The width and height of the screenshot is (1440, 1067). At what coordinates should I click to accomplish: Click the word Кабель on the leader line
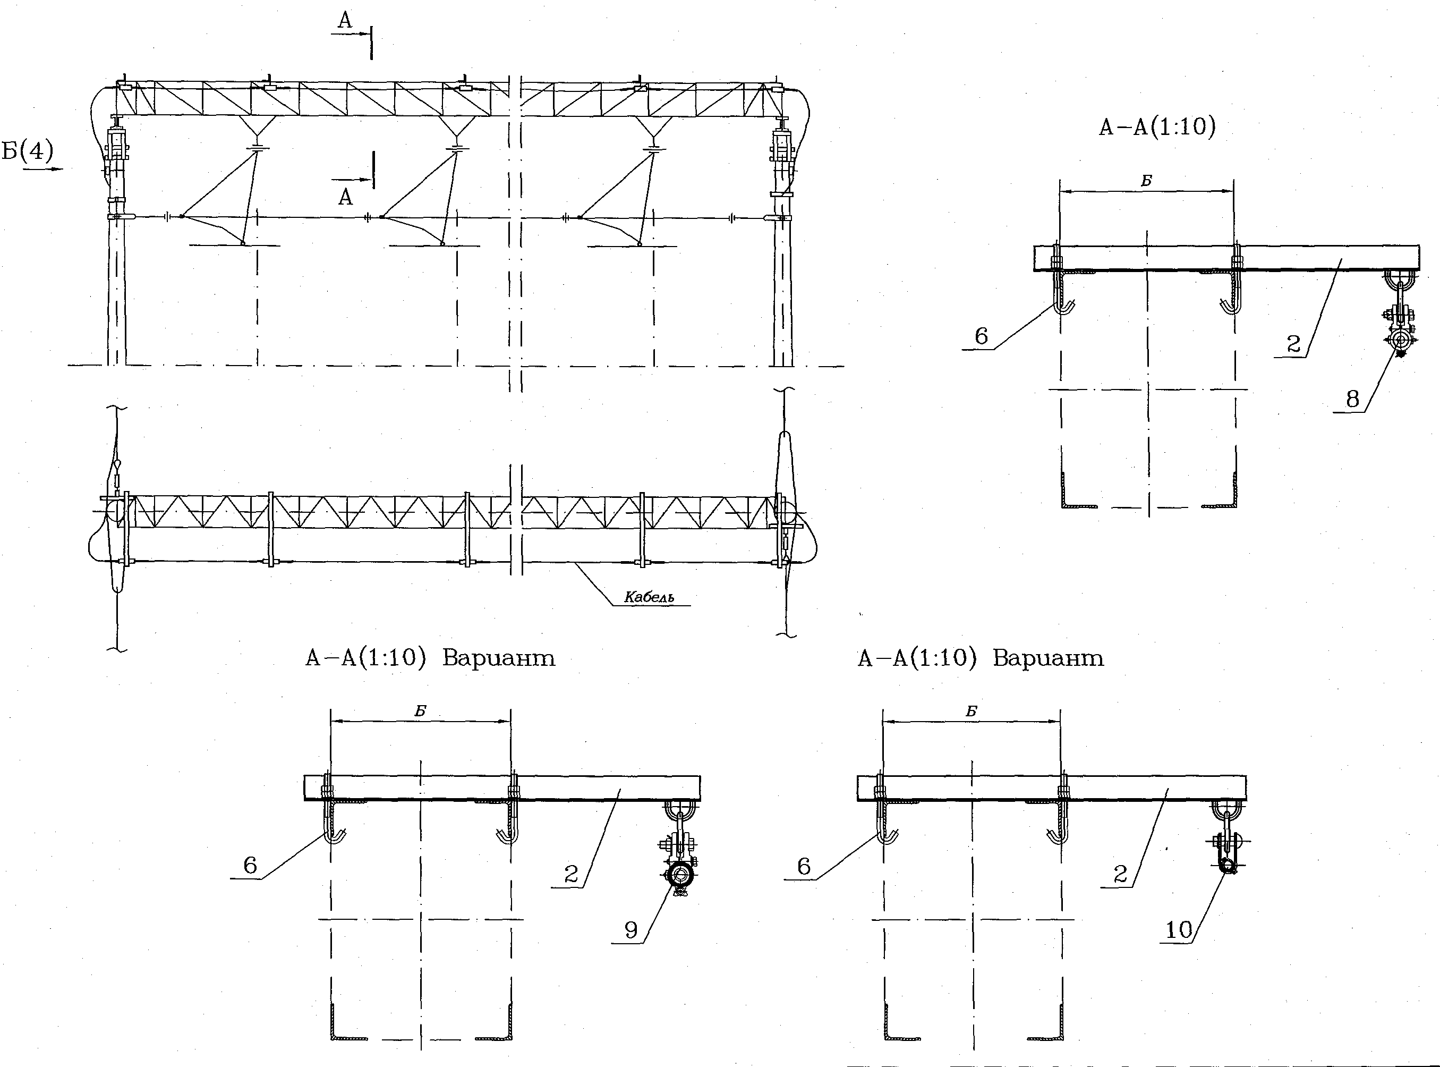tap(649, 597)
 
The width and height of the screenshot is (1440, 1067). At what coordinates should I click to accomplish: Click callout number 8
tap(1352, 399)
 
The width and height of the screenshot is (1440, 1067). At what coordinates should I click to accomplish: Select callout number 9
tap(630, 930)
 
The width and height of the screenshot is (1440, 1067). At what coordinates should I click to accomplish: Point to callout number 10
tap(1179, 930)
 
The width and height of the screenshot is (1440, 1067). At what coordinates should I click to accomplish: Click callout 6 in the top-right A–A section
tap(981, 336)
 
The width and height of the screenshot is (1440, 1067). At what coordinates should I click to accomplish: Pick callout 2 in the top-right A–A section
tap(1293, 344)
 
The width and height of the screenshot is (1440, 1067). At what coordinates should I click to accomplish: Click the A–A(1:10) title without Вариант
tap(1157, 127)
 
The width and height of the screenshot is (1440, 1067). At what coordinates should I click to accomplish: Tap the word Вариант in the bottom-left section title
tap(499, 658)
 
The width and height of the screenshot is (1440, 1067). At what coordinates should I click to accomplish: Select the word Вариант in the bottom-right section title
tap(1048, 658)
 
